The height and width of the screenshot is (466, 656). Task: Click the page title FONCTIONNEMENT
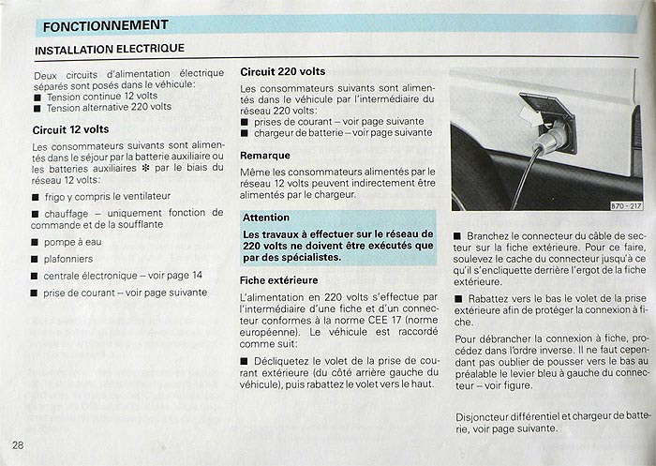pos(106,25)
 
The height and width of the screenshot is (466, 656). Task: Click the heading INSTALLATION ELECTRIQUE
pos(110,49)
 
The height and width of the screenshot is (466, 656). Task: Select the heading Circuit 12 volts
pos(71,129)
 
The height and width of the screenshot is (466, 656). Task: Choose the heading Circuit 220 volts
pos(283,71)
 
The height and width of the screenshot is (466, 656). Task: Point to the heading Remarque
pos(265,155)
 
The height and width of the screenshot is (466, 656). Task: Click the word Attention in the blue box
pos(266,217)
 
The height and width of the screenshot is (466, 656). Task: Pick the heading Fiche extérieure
pos(279,279)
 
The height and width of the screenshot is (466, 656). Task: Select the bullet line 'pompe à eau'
pos(75,242)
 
